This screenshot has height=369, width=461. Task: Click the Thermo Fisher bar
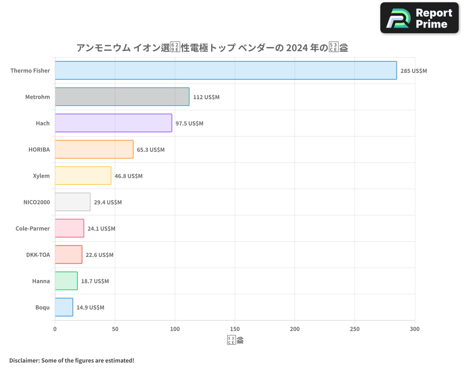click(226, 71)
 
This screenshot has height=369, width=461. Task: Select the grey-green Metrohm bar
click(122, 97)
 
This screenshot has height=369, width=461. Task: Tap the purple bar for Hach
click(113, 123)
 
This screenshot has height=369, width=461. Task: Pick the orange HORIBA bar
click(94, 149)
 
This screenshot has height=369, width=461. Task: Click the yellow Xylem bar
click(83, 176)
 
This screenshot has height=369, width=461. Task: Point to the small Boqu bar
click(64, 307)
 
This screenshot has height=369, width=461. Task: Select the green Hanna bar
click(66, 281)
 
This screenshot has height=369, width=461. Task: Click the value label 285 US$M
click(414, 71)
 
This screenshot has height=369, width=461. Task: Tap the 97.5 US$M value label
click(189, 124)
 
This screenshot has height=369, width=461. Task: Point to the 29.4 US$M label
click(108, 202)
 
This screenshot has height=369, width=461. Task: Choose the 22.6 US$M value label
click(100, 255)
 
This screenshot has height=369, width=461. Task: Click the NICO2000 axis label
click(36, 202)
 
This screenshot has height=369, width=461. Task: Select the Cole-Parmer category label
click(33, 228)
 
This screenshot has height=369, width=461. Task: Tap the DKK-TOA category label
click(38, 255)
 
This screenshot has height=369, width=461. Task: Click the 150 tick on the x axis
click(235, 329)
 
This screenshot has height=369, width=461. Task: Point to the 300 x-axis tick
click(414, 329)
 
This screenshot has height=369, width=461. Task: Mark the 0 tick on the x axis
click(55, 329)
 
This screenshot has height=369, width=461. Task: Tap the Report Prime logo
click(420, 18)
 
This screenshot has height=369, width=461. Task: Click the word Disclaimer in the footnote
click(24, 360)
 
